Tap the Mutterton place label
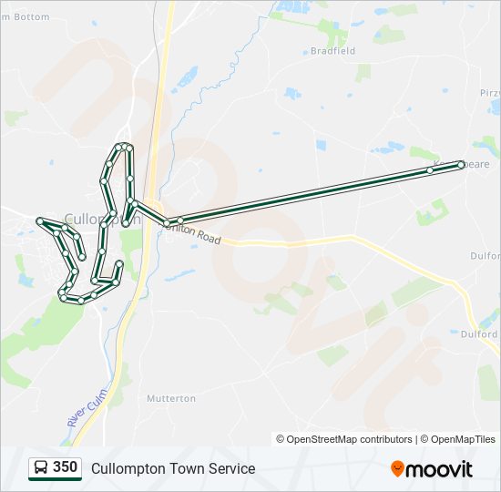pyautogui.click(x=171, y=398)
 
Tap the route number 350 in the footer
pyautogui.click(x=65, y=467)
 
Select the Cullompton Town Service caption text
pyautogui.click(x=173, y=468)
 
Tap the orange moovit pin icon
pyautogui.click(x=398, y=468)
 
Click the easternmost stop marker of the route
pyautogui.click(x=461, y=165)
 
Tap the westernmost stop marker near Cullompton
pyautogui.click(x=39, y=220)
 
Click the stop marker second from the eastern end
pyautogui.click(x=430, y=169)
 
